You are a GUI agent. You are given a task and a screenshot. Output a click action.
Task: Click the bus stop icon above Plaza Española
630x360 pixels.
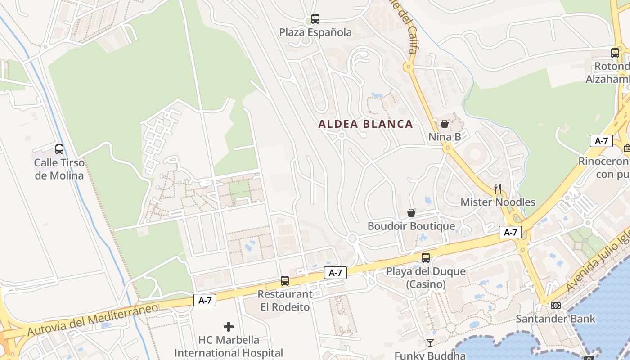[x=315, y=19]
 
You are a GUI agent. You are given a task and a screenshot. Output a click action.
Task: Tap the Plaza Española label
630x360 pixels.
[x=315, y=32]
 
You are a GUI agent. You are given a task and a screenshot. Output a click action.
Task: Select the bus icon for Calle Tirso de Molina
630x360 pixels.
[x=59, y=149]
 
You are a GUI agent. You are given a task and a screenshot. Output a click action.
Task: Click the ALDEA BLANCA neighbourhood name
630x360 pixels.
[x=365, y=124]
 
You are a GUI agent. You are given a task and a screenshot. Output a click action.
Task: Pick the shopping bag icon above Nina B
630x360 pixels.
[x=445, y=124]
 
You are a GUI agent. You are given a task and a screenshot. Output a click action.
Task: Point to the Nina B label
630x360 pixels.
[x=445, y=137]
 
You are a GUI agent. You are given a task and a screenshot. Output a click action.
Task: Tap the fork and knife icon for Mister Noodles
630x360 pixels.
[x=498, y=189]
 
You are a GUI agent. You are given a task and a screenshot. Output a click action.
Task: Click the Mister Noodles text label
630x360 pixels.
[x=498, y=202]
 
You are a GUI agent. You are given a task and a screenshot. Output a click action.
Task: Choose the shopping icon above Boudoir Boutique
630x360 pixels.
[x=411, y=213]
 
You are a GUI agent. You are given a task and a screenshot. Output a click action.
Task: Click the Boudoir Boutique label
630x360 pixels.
[x=411, y=226]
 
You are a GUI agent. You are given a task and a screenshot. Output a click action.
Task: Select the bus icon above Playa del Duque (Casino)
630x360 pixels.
[x=426, y=258]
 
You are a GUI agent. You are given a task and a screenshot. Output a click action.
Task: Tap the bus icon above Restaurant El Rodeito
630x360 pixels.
[x=285, y=281]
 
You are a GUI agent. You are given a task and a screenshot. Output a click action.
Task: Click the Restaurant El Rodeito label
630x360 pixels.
[x=285, y=301]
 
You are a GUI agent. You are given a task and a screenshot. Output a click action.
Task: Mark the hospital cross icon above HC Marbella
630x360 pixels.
[x=229, y=326]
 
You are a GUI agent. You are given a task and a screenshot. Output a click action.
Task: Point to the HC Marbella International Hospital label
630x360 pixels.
[x=229, y=346]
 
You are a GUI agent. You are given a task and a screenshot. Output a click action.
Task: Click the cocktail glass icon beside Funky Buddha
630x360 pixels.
[x=430, y=343]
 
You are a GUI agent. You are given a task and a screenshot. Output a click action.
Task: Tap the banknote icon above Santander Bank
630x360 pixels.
[x=556, y=306]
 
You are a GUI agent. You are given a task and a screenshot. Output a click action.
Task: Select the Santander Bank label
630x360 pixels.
[x=556, y=319]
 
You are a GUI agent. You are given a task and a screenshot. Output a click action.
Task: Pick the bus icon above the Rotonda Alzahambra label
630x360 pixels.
[x=615, y=53]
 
